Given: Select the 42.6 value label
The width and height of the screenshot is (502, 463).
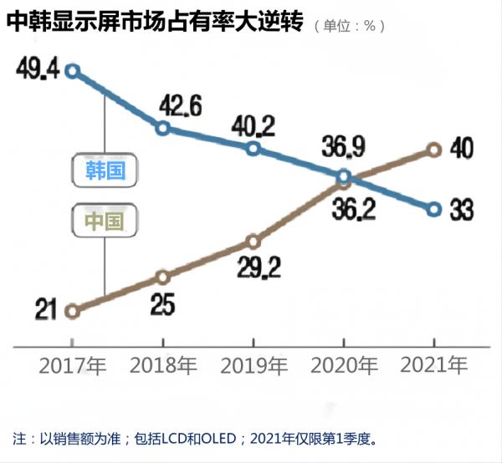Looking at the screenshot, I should [182, 106].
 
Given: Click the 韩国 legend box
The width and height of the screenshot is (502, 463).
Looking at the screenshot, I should [105, 171].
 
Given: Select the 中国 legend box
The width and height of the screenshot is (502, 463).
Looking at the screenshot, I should [105, 221].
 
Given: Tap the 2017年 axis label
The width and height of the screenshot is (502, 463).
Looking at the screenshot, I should [73, 365].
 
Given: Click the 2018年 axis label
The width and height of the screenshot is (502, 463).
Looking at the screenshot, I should [164, 365].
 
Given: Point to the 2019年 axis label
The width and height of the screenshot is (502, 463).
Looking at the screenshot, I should [254, 365].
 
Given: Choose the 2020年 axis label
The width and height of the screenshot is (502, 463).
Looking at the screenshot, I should [345, 365].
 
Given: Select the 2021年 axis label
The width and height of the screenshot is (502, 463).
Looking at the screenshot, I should [434, 365].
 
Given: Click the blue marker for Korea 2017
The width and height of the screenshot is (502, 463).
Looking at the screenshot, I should [73, 72].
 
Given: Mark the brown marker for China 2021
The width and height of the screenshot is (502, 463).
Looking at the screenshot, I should [433, 150].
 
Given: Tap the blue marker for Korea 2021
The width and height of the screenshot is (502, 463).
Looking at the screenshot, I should [433, 210].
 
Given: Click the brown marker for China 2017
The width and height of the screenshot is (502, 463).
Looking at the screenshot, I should [73, 311].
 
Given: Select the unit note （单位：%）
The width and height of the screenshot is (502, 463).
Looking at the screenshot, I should [349, 25].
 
